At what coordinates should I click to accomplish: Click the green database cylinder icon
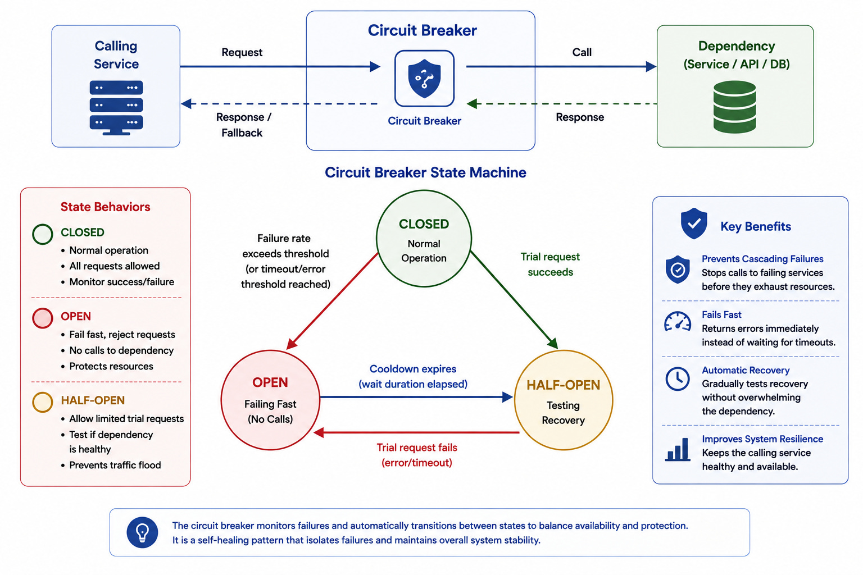(734, 107)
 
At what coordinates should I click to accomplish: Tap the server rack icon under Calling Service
(116, 108)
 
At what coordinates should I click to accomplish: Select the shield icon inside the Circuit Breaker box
(424, 78)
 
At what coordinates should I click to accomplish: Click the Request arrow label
(242, 52)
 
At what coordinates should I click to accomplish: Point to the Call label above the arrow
(582, 52)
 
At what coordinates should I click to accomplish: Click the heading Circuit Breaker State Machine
(425, 172)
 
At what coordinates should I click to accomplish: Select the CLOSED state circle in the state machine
(424, 239)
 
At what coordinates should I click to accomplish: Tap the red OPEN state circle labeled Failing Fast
(270, 400)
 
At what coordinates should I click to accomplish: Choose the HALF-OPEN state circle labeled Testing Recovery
(564, 400)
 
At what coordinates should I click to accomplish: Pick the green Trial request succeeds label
(550, 264)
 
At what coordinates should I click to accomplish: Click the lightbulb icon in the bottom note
(142, 532)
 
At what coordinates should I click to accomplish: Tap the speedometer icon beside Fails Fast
(677, 322)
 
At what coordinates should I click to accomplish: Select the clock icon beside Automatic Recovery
(677, 379)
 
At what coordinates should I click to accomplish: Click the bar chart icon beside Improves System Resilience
(677, 449)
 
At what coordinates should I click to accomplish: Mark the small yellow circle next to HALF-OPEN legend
(42, 403)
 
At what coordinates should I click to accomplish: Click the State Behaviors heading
(105, 207)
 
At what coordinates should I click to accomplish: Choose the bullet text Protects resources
(111, 366)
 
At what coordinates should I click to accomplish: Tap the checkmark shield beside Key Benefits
(694, 223)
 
